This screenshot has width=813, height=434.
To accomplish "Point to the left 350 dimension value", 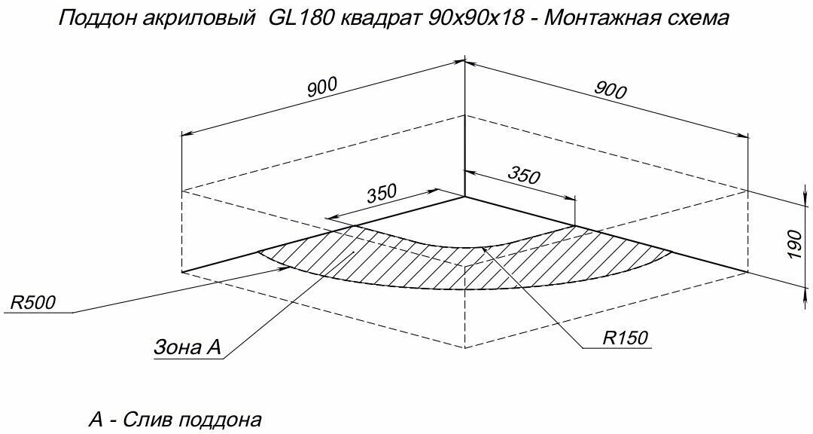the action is point(382,194).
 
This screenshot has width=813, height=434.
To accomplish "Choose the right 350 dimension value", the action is point(524,175).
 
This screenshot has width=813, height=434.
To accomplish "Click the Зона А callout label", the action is point(187,347).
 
